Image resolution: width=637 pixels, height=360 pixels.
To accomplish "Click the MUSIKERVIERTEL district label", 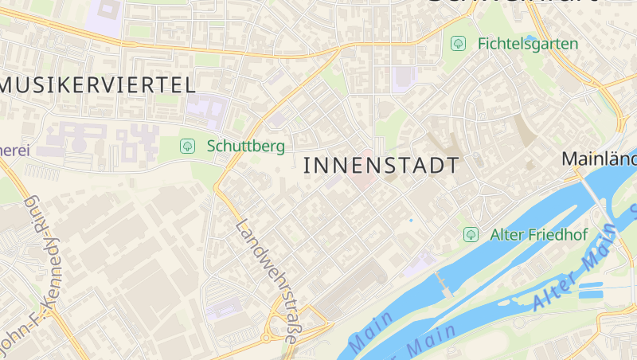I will tap(97, 85).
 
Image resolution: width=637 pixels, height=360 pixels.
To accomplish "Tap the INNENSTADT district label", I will tap(382, 166).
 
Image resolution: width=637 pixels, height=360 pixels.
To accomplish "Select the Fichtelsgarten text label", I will tap(528, 43).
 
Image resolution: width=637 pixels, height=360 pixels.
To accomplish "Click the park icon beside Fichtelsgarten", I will tap(458, 43).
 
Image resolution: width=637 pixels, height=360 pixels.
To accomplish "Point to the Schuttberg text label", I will tap(245, 146).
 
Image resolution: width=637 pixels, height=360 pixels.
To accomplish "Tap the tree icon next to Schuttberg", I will tap(188, 146).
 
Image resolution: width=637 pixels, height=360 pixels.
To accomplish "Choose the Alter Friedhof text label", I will tap(538, 234).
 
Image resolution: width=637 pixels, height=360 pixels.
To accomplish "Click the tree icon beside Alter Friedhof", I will tap(471, 234).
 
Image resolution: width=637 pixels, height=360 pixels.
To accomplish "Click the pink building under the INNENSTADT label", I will tap(362, 180).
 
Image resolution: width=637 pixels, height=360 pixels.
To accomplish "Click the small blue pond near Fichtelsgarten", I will tap(532, 37).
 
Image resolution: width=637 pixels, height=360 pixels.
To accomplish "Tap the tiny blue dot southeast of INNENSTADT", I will tap(411, 220).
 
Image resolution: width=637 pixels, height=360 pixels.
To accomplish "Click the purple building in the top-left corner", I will tap(108, 11).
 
